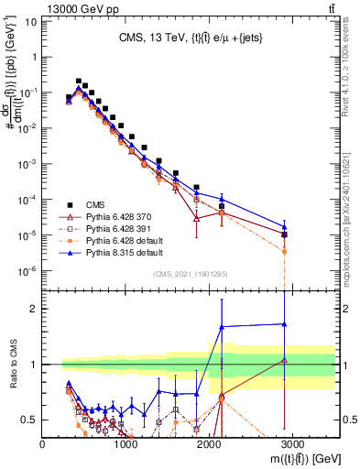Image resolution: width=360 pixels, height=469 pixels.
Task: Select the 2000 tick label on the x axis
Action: pyautogui.click(x=210, y=444)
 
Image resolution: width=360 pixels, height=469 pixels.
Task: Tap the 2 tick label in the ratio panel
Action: pyautogui.click(x=34, y=309)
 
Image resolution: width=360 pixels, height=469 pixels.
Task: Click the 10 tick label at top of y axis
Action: pyautogui.click(x=31, y=20)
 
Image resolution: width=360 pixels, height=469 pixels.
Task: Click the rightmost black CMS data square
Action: pyautogui.click(x=285, y=234)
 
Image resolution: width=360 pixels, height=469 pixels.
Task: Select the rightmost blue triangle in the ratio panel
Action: pyautogui.click(x=285, y=323)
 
